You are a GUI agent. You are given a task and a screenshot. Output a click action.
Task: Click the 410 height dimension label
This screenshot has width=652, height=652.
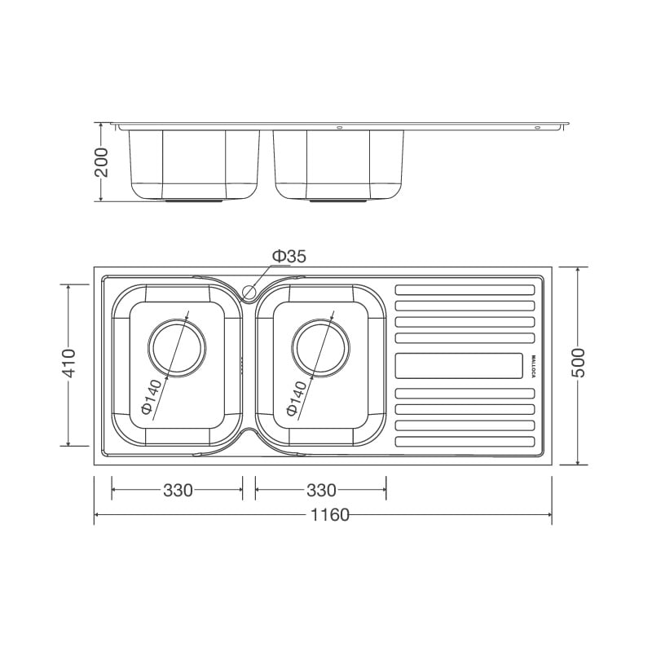(x=68, y=363)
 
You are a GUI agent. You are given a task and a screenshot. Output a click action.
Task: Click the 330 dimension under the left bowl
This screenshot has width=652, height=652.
(x=178, y=491)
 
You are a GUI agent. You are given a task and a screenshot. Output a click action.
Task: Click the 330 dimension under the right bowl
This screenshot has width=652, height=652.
(x=321, y=491)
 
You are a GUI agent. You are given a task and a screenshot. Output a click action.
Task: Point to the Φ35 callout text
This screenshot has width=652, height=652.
(x=289, y=257)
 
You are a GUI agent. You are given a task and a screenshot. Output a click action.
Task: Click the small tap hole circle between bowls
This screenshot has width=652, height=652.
(x=249, y=291)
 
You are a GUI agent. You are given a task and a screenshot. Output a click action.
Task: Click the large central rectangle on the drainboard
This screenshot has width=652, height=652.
(x=459, y=366)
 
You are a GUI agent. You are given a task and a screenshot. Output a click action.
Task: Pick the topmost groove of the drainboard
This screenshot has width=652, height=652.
(x=465, y=289)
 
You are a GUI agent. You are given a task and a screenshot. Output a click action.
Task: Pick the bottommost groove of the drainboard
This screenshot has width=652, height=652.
(x=465, y=441)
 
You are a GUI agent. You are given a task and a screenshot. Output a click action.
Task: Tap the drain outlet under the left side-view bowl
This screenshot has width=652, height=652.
(x=194, y=200)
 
